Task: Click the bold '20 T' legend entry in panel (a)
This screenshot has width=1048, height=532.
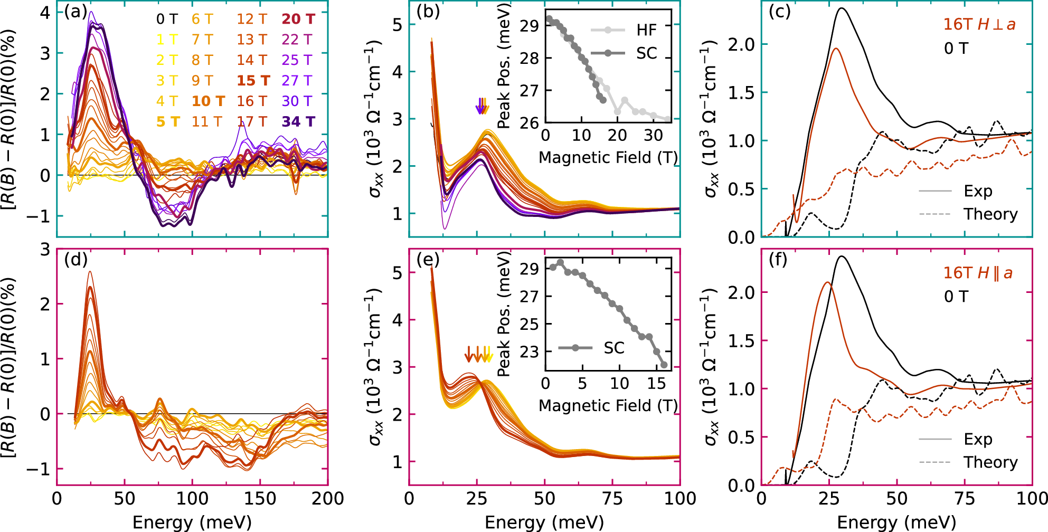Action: coord(298,19)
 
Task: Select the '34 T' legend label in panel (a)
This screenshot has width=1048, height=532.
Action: coord(298,122)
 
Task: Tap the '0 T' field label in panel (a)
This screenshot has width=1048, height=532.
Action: coord(167,19)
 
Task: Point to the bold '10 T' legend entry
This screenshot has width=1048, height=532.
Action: coord(208,101)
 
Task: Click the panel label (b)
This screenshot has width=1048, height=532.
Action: coord(427,12)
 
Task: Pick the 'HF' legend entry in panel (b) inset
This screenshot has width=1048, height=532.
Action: coord(646,30)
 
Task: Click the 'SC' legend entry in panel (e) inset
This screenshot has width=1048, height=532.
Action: coord(613,348)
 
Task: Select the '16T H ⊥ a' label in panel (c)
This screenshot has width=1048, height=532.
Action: coord(979,24)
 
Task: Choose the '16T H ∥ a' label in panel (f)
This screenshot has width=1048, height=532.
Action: coord(978,273)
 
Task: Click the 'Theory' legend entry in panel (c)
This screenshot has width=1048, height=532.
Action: coord(990,214)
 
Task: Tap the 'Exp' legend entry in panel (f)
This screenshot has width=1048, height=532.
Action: coord(978,439)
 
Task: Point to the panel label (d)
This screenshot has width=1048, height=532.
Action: coord(75,260)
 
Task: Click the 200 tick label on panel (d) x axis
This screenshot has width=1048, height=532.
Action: coord(327,499)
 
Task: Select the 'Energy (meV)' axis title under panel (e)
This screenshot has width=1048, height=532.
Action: coord(544,522)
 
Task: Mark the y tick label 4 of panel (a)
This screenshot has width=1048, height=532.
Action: coord(45,12)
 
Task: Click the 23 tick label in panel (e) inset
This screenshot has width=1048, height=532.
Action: coord(529,351)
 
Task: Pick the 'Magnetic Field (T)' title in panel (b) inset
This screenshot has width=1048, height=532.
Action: coord(608,157)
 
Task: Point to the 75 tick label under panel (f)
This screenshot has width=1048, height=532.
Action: coord(964,499)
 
